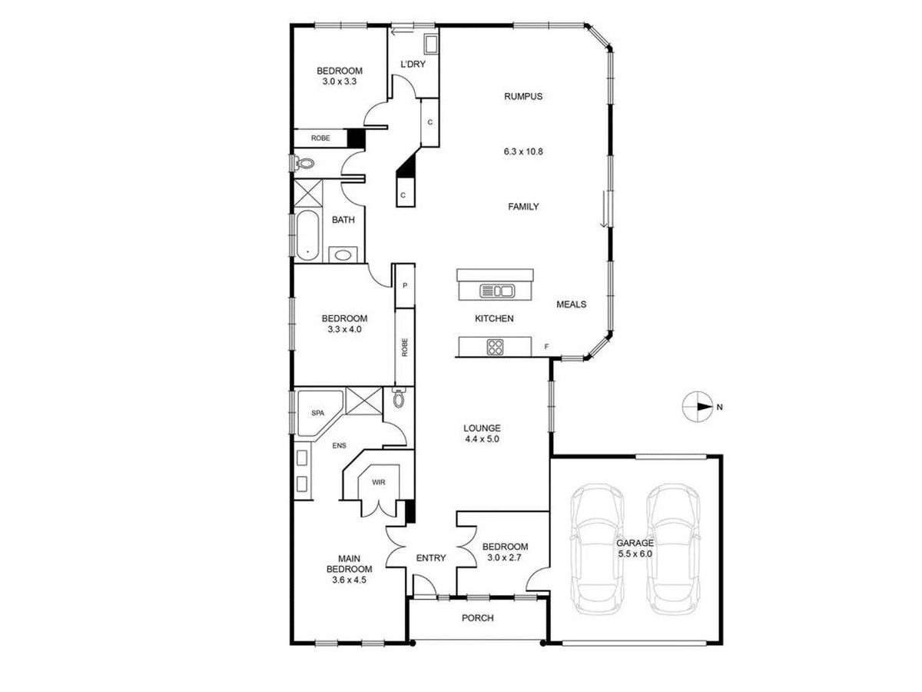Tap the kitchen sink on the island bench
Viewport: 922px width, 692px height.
[x=496, y=291]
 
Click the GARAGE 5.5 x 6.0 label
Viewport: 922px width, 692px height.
[x=635, y=548]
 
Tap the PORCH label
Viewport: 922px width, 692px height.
[x=477, y=618]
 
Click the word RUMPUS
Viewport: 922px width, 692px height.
[x=523, y=97]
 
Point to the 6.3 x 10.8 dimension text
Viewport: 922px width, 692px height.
[x=523, y=151]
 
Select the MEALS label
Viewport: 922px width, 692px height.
[x=571, y=304]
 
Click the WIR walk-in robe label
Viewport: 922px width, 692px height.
[x=377, y=483]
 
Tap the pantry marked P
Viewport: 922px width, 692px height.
[x=404, y=285]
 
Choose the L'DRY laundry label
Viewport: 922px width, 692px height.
[x=413, y=65]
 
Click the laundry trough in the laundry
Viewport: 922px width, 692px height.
[x=430, y=43]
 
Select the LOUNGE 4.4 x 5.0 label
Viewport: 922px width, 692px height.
[x=482, y=434]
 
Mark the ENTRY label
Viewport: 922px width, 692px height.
[x=430, y=558]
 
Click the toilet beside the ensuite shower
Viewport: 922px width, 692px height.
[x=398, y=399]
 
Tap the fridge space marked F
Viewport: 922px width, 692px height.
[x=546, y=347]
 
